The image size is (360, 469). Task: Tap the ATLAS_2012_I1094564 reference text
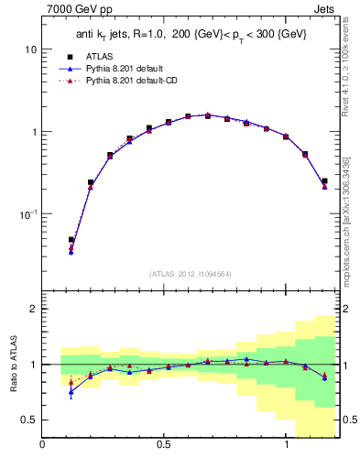coord(190,273)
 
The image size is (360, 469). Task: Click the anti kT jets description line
coord(191,34)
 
